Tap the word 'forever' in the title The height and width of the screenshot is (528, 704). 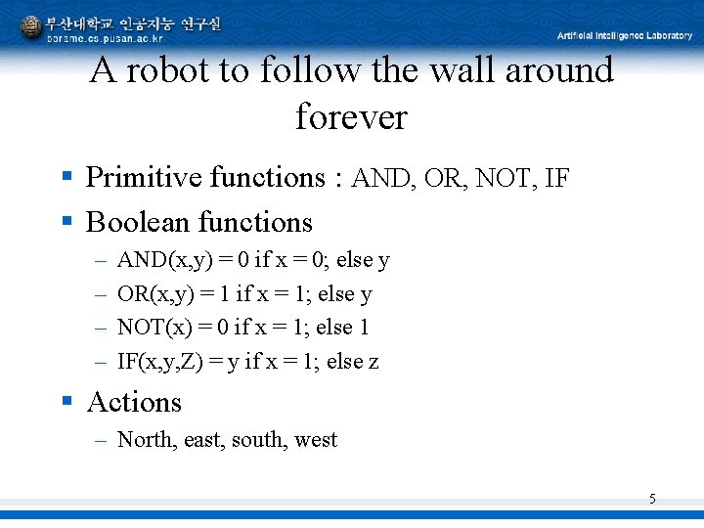[x=351, y=117]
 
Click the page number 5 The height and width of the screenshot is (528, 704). [x=652, y=500]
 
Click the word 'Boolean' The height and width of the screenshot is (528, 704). [x=138, y=223]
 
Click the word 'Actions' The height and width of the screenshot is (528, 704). [x=134, y=403]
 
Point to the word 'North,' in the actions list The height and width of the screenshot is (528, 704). [x=147, y=440]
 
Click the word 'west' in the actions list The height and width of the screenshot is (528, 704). [x=316, y=440]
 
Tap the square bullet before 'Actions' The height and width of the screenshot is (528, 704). [x=67, y=402]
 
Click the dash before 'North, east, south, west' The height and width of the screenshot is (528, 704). [x=101, y=441]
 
